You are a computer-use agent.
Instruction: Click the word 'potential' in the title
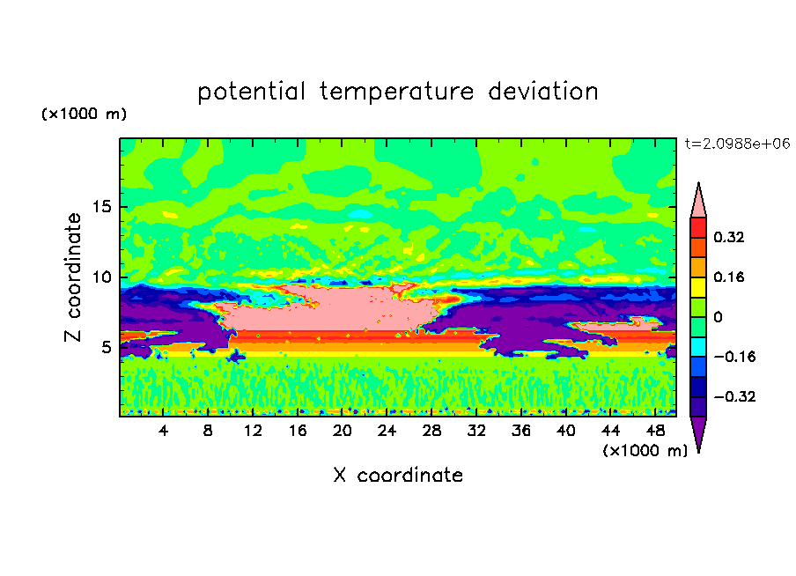coord(251,92)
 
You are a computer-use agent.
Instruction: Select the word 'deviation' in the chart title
coord(543,92)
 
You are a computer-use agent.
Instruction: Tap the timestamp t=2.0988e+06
coord(737,144)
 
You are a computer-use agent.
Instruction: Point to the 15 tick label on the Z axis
coord(102,207)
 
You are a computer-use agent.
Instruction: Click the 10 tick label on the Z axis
coord(102,277)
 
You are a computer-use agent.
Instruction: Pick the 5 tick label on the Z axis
coord(106,347)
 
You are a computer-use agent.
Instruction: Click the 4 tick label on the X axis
coord(163,431)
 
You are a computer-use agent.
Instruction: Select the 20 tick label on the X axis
coord(343,431)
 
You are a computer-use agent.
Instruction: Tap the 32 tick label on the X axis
coord(476,431)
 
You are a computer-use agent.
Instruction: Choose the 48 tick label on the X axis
coord(655,431)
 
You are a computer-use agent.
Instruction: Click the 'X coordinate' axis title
coord(398,475)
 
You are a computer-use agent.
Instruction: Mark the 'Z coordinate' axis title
coord(73,277)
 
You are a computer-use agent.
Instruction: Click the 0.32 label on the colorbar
coord(728,237)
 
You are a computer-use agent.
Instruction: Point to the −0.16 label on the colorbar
coord(734,357)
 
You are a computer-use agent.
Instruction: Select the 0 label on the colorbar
coord(718,317)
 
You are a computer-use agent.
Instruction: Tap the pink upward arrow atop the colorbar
coord(698,200)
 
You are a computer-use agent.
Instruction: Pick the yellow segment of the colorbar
coord(698,287)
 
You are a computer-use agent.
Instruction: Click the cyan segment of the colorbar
coord(698,347)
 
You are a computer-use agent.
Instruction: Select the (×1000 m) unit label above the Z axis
coord(84,114)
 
